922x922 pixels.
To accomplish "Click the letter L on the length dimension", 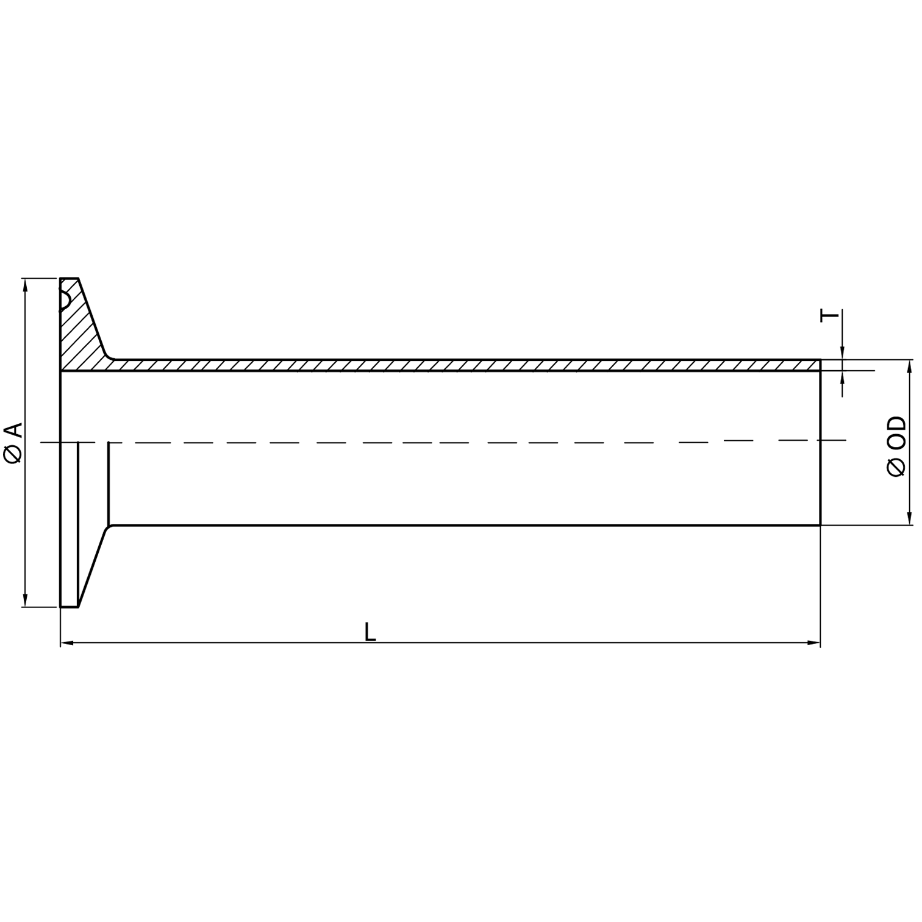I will (370, 632).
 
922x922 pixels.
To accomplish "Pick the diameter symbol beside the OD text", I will (896, 467).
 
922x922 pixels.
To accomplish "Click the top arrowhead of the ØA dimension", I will (24, 284).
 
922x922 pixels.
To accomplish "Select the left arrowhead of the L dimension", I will (67, 643).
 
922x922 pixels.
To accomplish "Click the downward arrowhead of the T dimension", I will (842, 354).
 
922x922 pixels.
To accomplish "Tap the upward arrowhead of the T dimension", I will (842, 376).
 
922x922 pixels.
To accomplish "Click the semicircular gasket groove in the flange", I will (64, 299).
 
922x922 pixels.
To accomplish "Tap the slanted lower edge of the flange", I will (93, 567).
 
